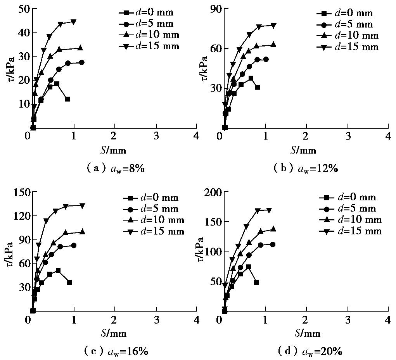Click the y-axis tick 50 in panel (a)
[x=23, y=9]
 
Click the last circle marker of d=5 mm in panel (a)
[x=81, y=62]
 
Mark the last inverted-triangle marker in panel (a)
[x=74, y=22]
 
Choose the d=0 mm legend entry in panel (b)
[x=347, y=13]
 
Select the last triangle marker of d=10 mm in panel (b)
[x=273, y=45]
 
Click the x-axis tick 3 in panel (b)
[x=348, y=136]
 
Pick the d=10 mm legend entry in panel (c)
[x=153, y=220]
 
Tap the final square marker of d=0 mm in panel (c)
[x=69, y=282]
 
